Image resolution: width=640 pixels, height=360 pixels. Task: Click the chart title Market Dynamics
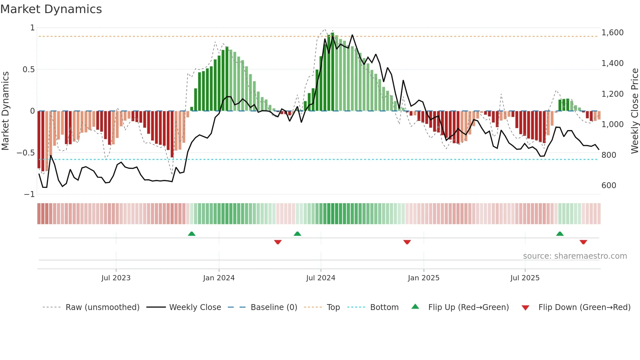pyautogui.click(x=51, y=9)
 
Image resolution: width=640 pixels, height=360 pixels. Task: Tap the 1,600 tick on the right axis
pyautogui.click(x=612, y=33)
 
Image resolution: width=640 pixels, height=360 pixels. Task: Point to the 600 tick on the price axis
pyautogui.click(x=609, y=186)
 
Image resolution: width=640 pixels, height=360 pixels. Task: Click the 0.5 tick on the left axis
pyautogui.click(x=28, y=70)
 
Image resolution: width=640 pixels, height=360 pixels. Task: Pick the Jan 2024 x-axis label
pyautogui.click(x=218, y=278)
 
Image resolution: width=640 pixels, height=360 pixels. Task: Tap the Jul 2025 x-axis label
pyautogui.click(x=525, y=278)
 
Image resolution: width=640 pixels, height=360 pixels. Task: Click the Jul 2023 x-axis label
pyautogui.click(x=116, y=278)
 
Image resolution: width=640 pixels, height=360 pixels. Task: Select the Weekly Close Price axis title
pyautogui.click(x=634, y=111)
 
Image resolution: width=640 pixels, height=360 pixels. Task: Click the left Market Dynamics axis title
pyautogui.click(x=5, y=111)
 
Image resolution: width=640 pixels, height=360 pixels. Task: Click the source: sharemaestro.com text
pyautogui.click(x=575, y=256)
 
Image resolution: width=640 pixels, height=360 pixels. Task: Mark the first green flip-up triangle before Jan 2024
pyautogui.click(x=192, y=234)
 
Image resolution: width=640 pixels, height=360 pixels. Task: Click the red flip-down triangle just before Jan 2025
pyautogui.click(x=407, y=242)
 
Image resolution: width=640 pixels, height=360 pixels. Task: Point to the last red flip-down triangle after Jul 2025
pyautogui.click(x=583, y=242)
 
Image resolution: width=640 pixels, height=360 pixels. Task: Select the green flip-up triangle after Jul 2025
pyautogui.click(x=560, y=234)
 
